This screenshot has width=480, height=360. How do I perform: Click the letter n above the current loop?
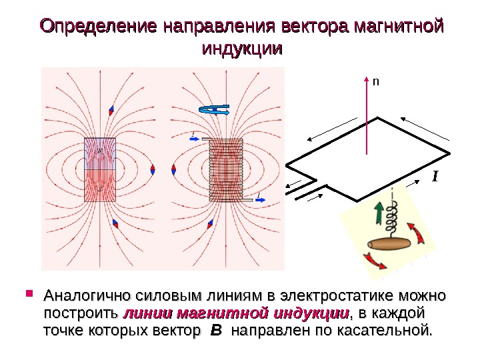coord(375,81)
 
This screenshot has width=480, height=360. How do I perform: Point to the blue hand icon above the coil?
coord(215,111)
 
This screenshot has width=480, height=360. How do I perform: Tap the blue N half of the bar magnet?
coord(100,154)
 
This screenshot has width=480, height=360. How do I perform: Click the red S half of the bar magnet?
coord(100,186)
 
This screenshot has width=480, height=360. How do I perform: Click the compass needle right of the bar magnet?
coord(153,170)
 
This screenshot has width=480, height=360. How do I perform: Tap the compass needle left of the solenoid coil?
coord(175,170)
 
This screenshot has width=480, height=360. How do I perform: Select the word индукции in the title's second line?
coord(241,49)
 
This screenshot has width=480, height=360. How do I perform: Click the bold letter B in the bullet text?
coord(215,330)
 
